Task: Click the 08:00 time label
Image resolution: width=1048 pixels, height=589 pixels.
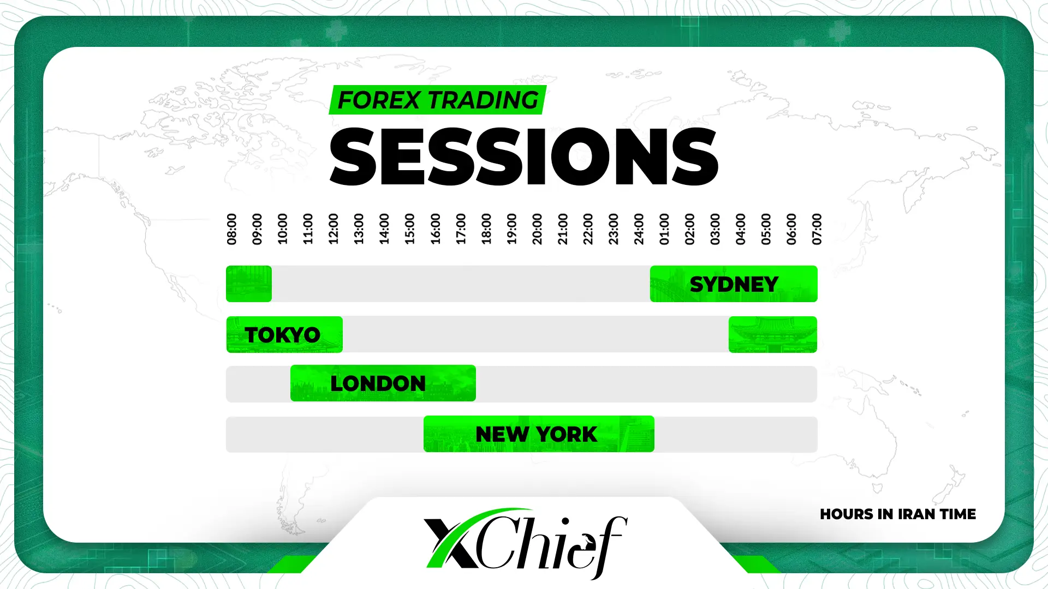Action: point(232,229)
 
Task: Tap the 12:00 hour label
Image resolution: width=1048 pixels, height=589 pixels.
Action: point(334,229)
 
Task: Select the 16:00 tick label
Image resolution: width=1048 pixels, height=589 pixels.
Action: point(436,229)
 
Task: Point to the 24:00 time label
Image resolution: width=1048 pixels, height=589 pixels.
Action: point(639,229)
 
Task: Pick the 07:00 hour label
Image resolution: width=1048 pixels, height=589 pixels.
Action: point(817,229)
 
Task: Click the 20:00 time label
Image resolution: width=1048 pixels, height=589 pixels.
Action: point(537,229)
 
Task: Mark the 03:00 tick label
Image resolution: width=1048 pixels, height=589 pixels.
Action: point(715,229)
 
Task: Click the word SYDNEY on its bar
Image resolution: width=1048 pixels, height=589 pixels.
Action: point(734,284)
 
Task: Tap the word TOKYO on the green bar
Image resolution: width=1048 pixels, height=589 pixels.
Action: point(283,335)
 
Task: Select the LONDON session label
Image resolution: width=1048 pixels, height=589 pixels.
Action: point(378,383)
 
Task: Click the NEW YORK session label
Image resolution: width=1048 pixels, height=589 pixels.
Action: point(537,434)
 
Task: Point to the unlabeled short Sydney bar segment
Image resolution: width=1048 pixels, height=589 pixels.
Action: point(249,284)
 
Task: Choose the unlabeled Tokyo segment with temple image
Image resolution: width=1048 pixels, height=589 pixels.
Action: point(773,334)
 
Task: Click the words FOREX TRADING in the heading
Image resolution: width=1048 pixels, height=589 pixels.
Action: point(438,100)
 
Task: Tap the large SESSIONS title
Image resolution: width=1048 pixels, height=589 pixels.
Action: point(524,157)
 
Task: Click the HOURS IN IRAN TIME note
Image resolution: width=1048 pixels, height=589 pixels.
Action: point(898,514)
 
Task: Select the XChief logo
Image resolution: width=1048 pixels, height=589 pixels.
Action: point(525,543)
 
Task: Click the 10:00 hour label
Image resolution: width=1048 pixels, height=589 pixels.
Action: point(283,229)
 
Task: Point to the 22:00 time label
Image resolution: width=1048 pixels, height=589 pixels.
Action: point(588,229)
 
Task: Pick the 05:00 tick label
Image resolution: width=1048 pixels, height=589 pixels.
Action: point(766,229)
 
